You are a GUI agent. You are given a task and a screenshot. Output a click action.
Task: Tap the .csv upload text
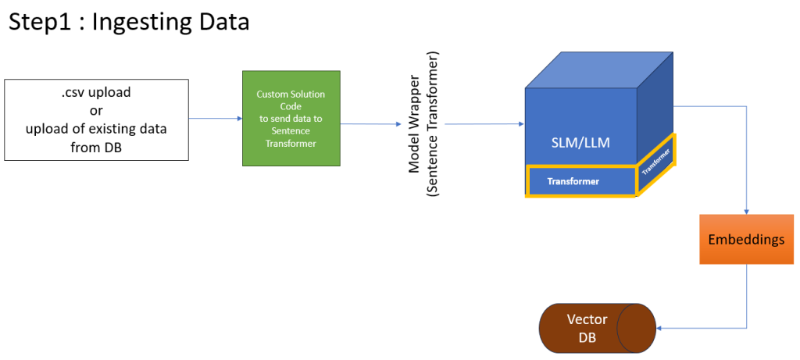(x=96, y=92)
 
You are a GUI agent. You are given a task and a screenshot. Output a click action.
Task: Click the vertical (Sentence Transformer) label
(x=432, y=124)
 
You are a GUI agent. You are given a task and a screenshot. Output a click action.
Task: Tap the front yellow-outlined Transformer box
(x=581, y=181)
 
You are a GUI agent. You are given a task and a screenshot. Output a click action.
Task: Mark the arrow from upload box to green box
(x=216, y=119)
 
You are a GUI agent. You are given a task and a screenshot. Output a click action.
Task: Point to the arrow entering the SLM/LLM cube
(x=484, y=123)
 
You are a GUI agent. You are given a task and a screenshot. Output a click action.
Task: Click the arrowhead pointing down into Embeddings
(x=748, y=212)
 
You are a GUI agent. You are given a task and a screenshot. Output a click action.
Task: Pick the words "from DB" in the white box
(x=96, y=145)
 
